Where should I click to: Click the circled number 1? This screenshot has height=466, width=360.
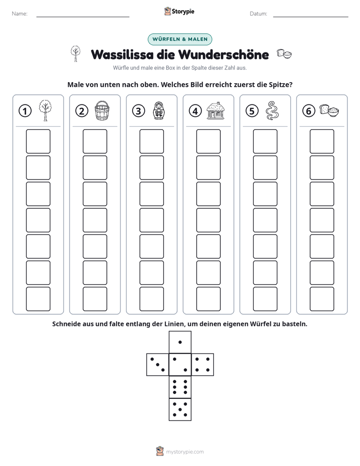click(25, 111)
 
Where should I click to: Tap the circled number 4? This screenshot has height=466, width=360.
click(195, 111)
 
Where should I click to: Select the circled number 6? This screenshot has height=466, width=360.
click(309, 111)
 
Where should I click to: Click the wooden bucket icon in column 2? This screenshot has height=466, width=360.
click(102, 110)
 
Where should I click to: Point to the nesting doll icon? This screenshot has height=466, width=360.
click(159, 110)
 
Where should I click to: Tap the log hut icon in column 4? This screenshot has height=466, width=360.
click(216, 110)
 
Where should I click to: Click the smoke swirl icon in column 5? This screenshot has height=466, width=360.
click(272, 110)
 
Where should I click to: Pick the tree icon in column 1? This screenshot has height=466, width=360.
click(45, 110)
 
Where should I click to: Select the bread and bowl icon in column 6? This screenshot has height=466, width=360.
click(329, 110)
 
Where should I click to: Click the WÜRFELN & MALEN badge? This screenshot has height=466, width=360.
click(180, 39)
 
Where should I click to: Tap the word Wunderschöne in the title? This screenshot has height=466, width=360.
click(224, 54)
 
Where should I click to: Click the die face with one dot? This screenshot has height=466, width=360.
click(180, 342)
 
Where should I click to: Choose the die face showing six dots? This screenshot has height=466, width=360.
click(180, 387)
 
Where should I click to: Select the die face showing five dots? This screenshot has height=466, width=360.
click(180, 410)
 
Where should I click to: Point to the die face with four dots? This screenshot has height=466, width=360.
click(203, 365)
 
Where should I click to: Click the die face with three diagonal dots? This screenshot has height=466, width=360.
click(157, 365)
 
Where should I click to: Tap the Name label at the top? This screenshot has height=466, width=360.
click(20, 14)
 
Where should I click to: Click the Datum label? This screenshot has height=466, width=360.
click(259, 14)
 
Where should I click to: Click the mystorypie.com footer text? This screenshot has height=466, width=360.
click(185, 452)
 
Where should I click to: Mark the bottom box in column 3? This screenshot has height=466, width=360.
click(151, 299)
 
